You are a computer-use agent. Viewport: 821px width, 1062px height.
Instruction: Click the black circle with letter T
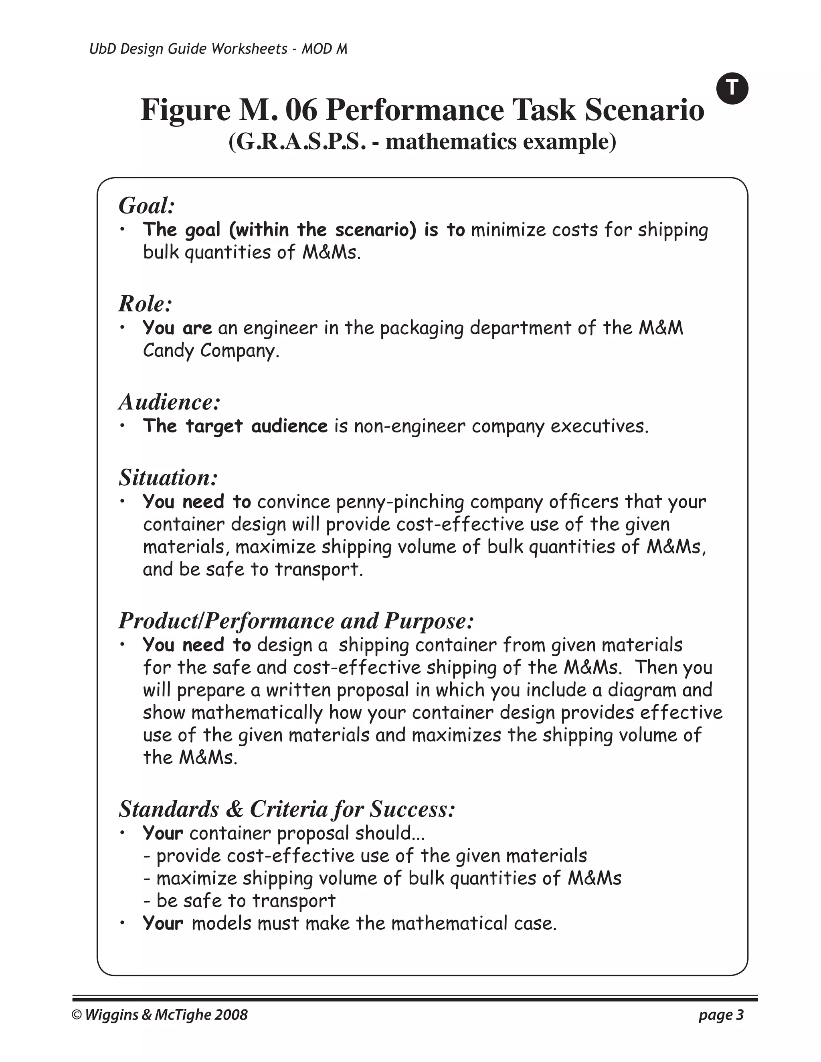732,89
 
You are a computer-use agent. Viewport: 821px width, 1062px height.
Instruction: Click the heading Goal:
146,206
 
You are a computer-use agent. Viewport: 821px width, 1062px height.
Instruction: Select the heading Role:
146,304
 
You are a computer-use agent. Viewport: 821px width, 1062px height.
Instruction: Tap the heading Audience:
169,402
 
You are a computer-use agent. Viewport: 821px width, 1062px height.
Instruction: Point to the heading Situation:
168,478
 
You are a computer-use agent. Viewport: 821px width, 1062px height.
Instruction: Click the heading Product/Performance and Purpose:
296,621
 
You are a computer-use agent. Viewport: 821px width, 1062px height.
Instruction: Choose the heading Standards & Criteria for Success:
287,809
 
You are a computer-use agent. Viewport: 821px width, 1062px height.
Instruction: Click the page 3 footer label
721,1015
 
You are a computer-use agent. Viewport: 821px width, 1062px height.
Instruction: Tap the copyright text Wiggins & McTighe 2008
160,1015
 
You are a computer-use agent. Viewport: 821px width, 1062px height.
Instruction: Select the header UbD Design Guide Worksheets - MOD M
218,49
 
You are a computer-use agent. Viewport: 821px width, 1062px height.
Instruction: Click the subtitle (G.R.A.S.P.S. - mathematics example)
422,141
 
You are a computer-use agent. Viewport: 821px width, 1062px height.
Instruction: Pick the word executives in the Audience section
599,426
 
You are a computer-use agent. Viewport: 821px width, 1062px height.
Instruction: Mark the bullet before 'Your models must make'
123,923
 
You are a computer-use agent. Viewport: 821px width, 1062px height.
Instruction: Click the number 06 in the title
301,109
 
